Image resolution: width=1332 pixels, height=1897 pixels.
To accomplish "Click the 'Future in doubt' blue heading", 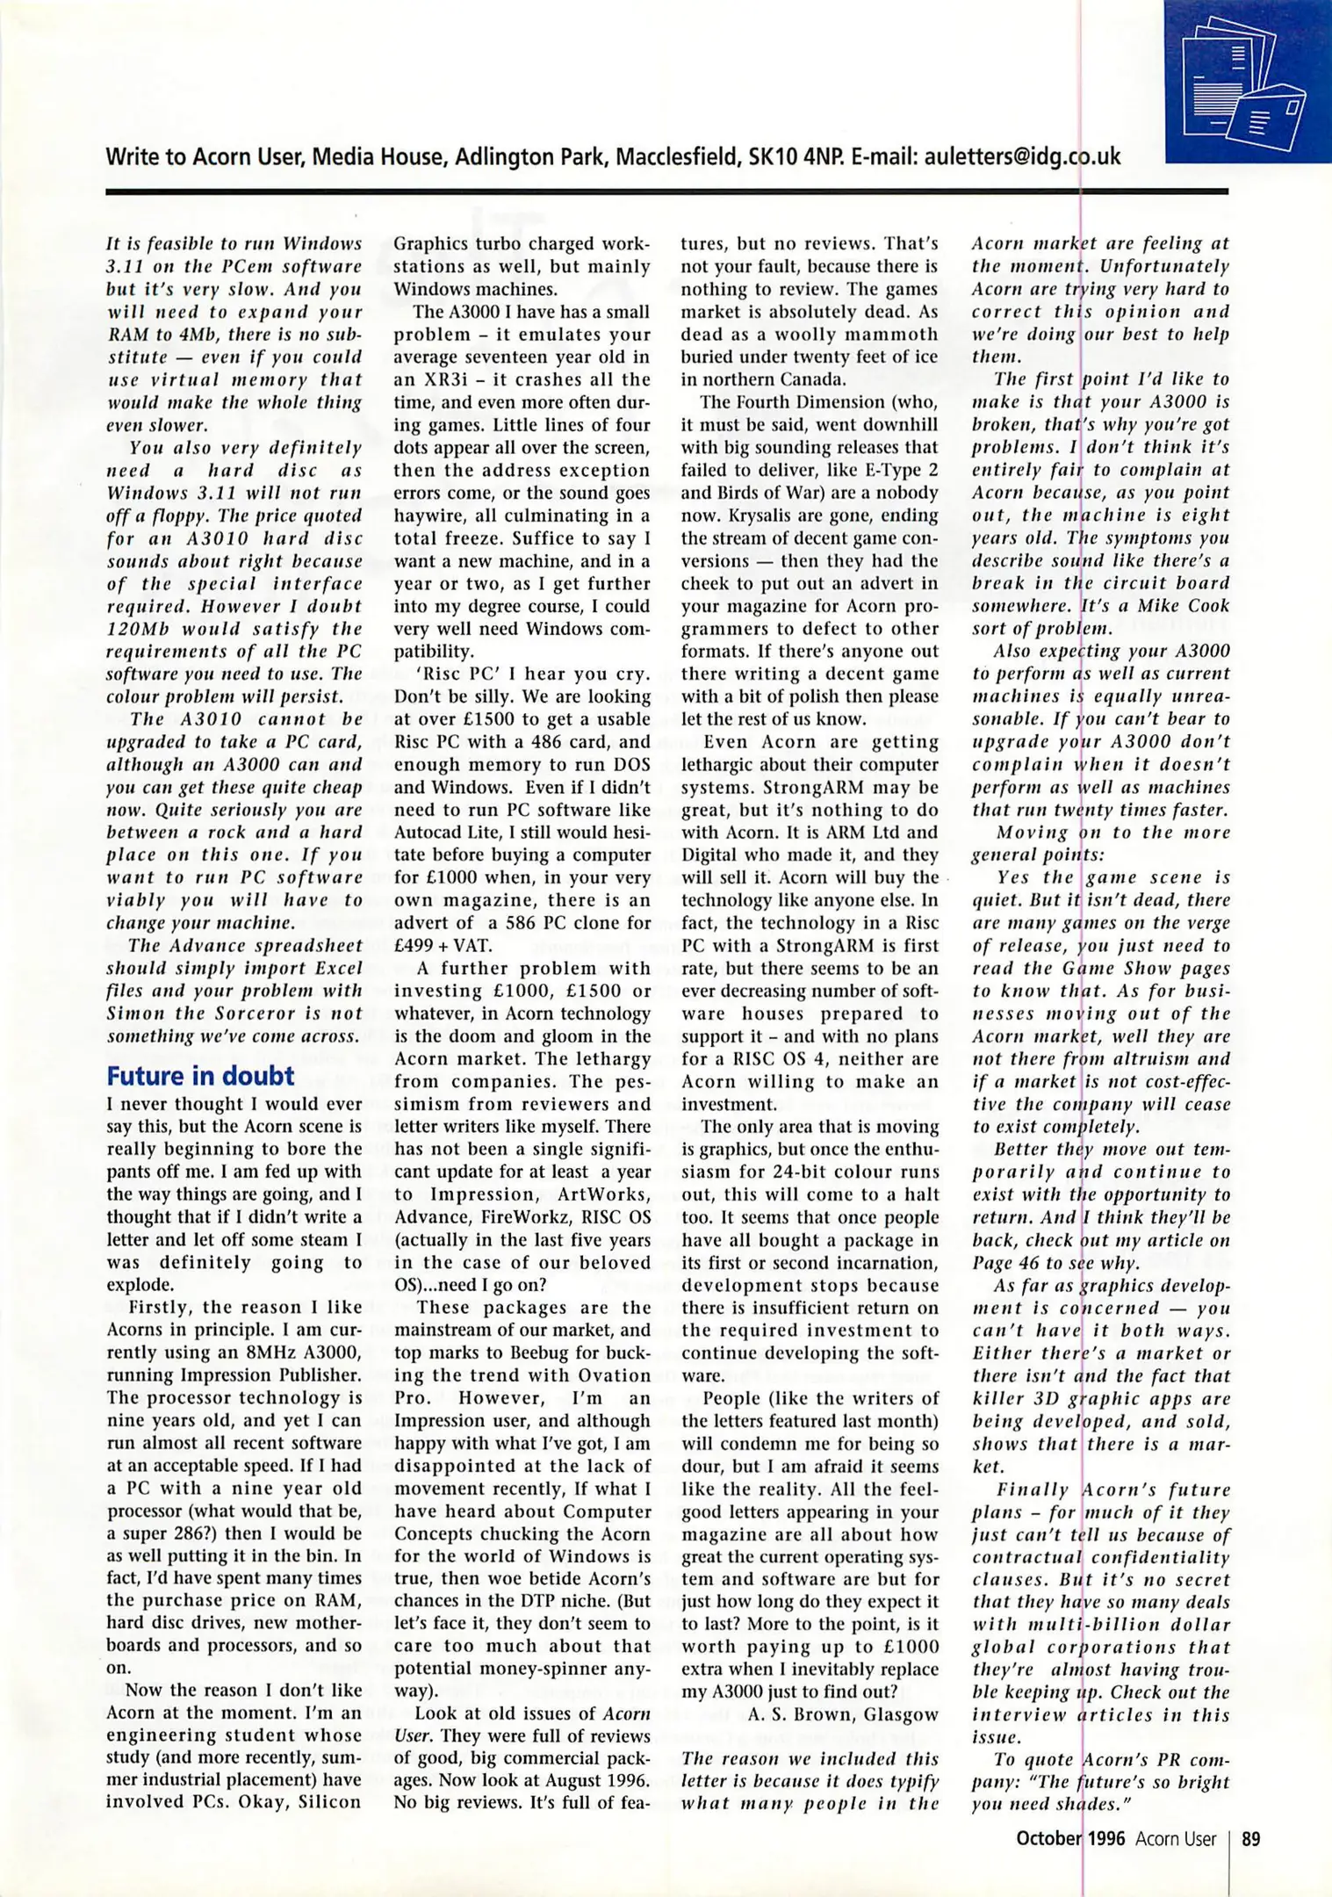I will (200, 1076).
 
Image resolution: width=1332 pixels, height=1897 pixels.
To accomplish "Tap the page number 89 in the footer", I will (1251, 1839).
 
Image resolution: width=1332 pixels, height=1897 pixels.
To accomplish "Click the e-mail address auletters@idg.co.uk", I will (1022, 156).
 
